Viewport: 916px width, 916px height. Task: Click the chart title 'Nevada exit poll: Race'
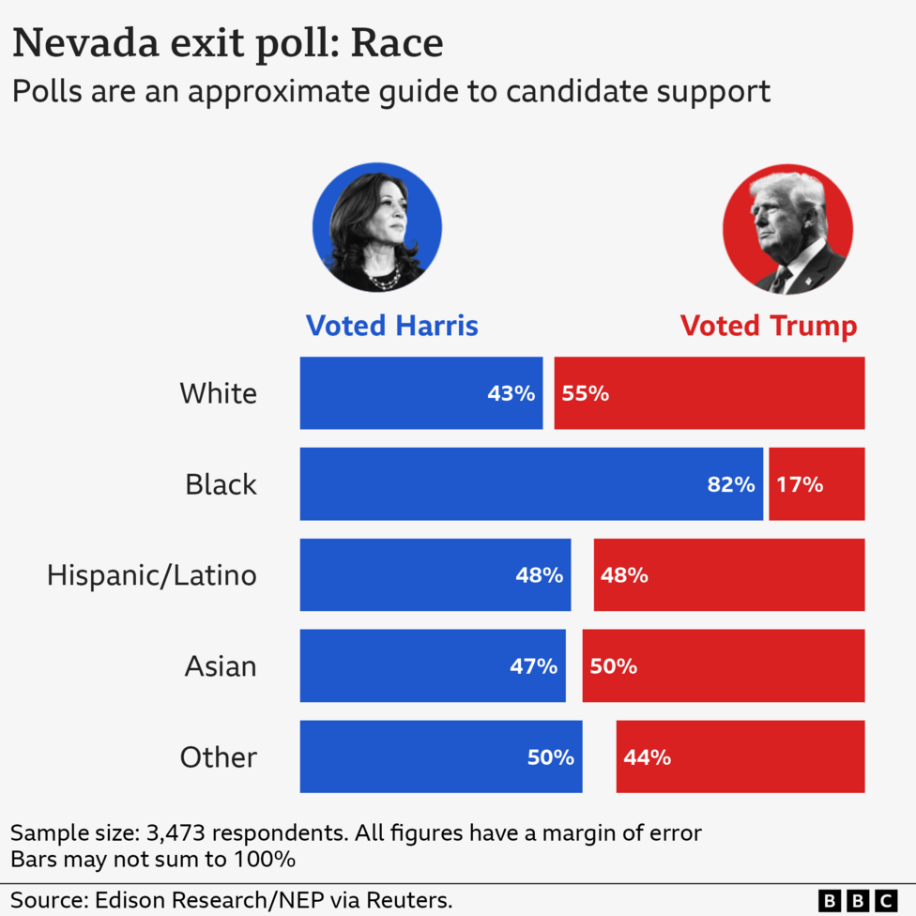(227, 44)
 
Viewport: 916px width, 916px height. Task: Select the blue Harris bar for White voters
(394, 393)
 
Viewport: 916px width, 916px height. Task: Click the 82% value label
(731, 484)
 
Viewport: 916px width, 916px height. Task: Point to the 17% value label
(800, 484)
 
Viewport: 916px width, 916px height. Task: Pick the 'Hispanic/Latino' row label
(152, 574)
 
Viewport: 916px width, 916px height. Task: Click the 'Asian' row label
(220, 666)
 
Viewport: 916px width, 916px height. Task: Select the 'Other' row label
(218, 756)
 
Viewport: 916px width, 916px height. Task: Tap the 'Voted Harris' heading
(392, 326)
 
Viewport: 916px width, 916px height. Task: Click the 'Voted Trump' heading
(768, 326)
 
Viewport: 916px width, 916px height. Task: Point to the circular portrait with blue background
(377, 227)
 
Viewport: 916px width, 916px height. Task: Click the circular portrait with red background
(787, 229)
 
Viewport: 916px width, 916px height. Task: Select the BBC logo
(858, 900)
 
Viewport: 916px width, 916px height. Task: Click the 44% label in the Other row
(647, 756)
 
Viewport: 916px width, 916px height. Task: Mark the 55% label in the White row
(586, 393)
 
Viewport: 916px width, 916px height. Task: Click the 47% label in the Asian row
(533, 666)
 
